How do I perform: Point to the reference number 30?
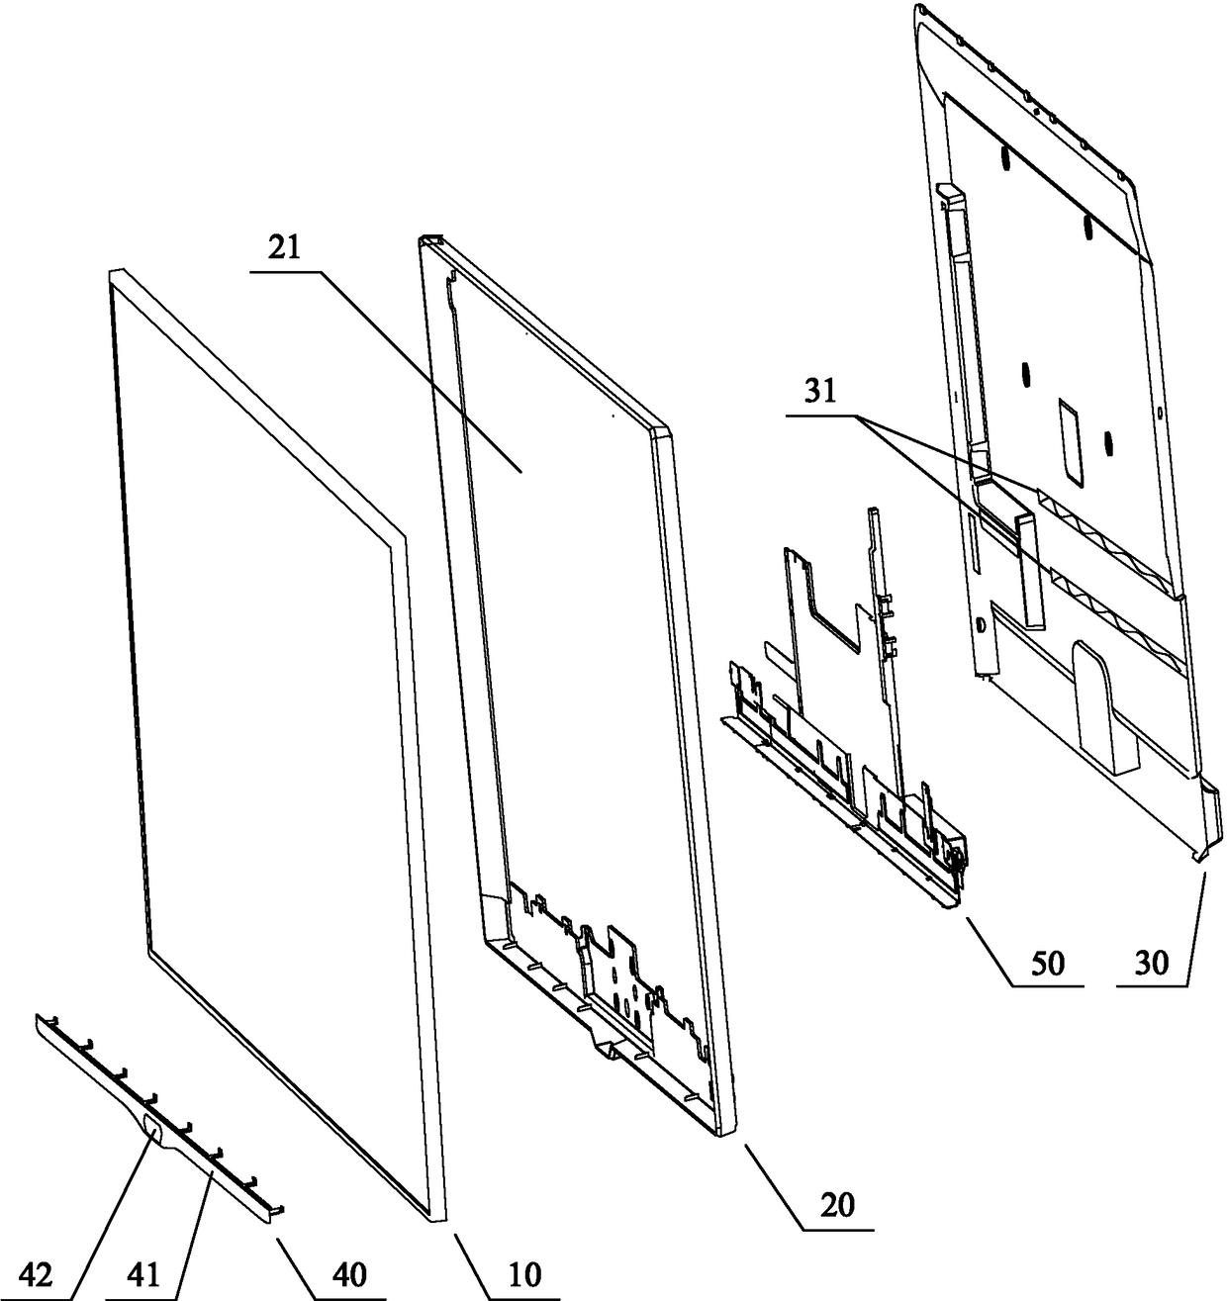[x=1152, y=963]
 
